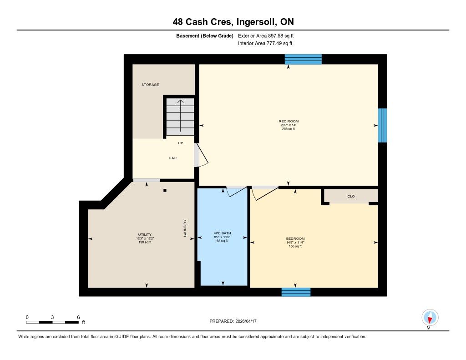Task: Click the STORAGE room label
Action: tap(150, 85)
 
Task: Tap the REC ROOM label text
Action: tap(289, 121)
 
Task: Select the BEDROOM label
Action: tap(295, 238)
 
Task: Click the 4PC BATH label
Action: tap(222, 233)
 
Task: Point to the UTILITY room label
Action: tap(145, 234)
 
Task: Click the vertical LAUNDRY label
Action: tap(185, 228)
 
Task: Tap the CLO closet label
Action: tap(351, 196)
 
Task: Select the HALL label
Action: tap(173, 158)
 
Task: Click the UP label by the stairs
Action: tap(180, 143)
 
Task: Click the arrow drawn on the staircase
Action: tap(180, 116)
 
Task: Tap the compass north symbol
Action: tap(430, 318)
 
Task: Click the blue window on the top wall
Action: tap(303, 59)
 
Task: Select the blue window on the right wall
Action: tap(382, 125)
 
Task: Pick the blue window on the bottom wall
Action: tap(296, 292)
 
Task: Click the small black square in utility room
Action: tap(165, 191)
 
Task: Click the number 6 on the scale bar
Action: tap(78, 317)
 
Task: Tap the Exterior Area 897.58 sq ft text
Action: tap(266, 35)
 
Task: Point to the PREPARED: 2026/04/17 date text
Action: tap(233, 321)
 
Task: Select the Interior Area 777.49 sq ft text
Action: tap(265, 43)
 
